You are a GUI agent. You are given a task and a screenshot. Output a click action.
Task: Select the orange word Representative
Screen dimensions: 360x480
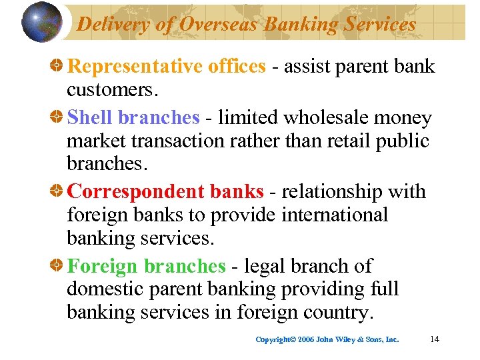(131, 67)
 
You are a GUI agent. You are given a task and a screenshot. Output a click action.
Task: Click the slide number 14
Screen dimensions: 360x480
(435, 339)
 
